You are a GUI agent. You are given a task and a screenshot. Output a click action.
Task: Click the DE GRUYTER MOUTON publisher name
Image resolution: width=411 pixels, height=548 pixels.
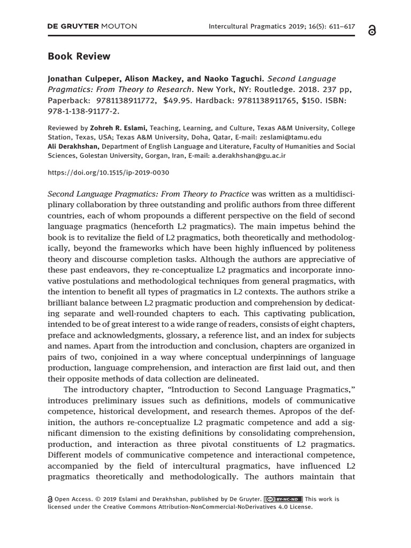(93, 26)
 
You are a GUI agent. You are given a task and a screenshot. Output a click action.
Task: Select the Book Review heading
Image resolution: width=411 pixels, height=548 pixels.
(79, 56)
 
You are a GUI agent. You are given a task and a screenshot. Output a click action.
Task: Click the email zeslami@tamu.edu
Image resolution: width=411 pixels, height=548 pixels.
(290, 137)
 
